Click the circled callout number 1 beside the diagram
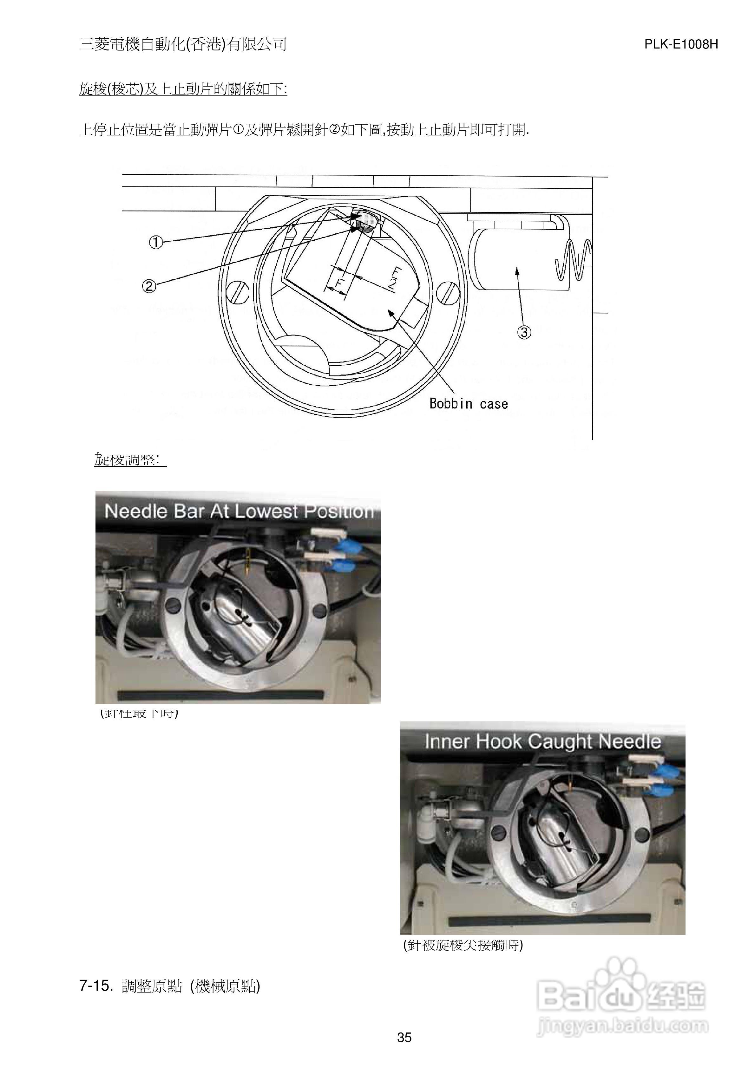coord(156,242)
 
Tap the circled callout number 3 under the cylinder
coord(524,332)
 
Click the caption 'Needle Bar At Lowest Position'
coord(239,511)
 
